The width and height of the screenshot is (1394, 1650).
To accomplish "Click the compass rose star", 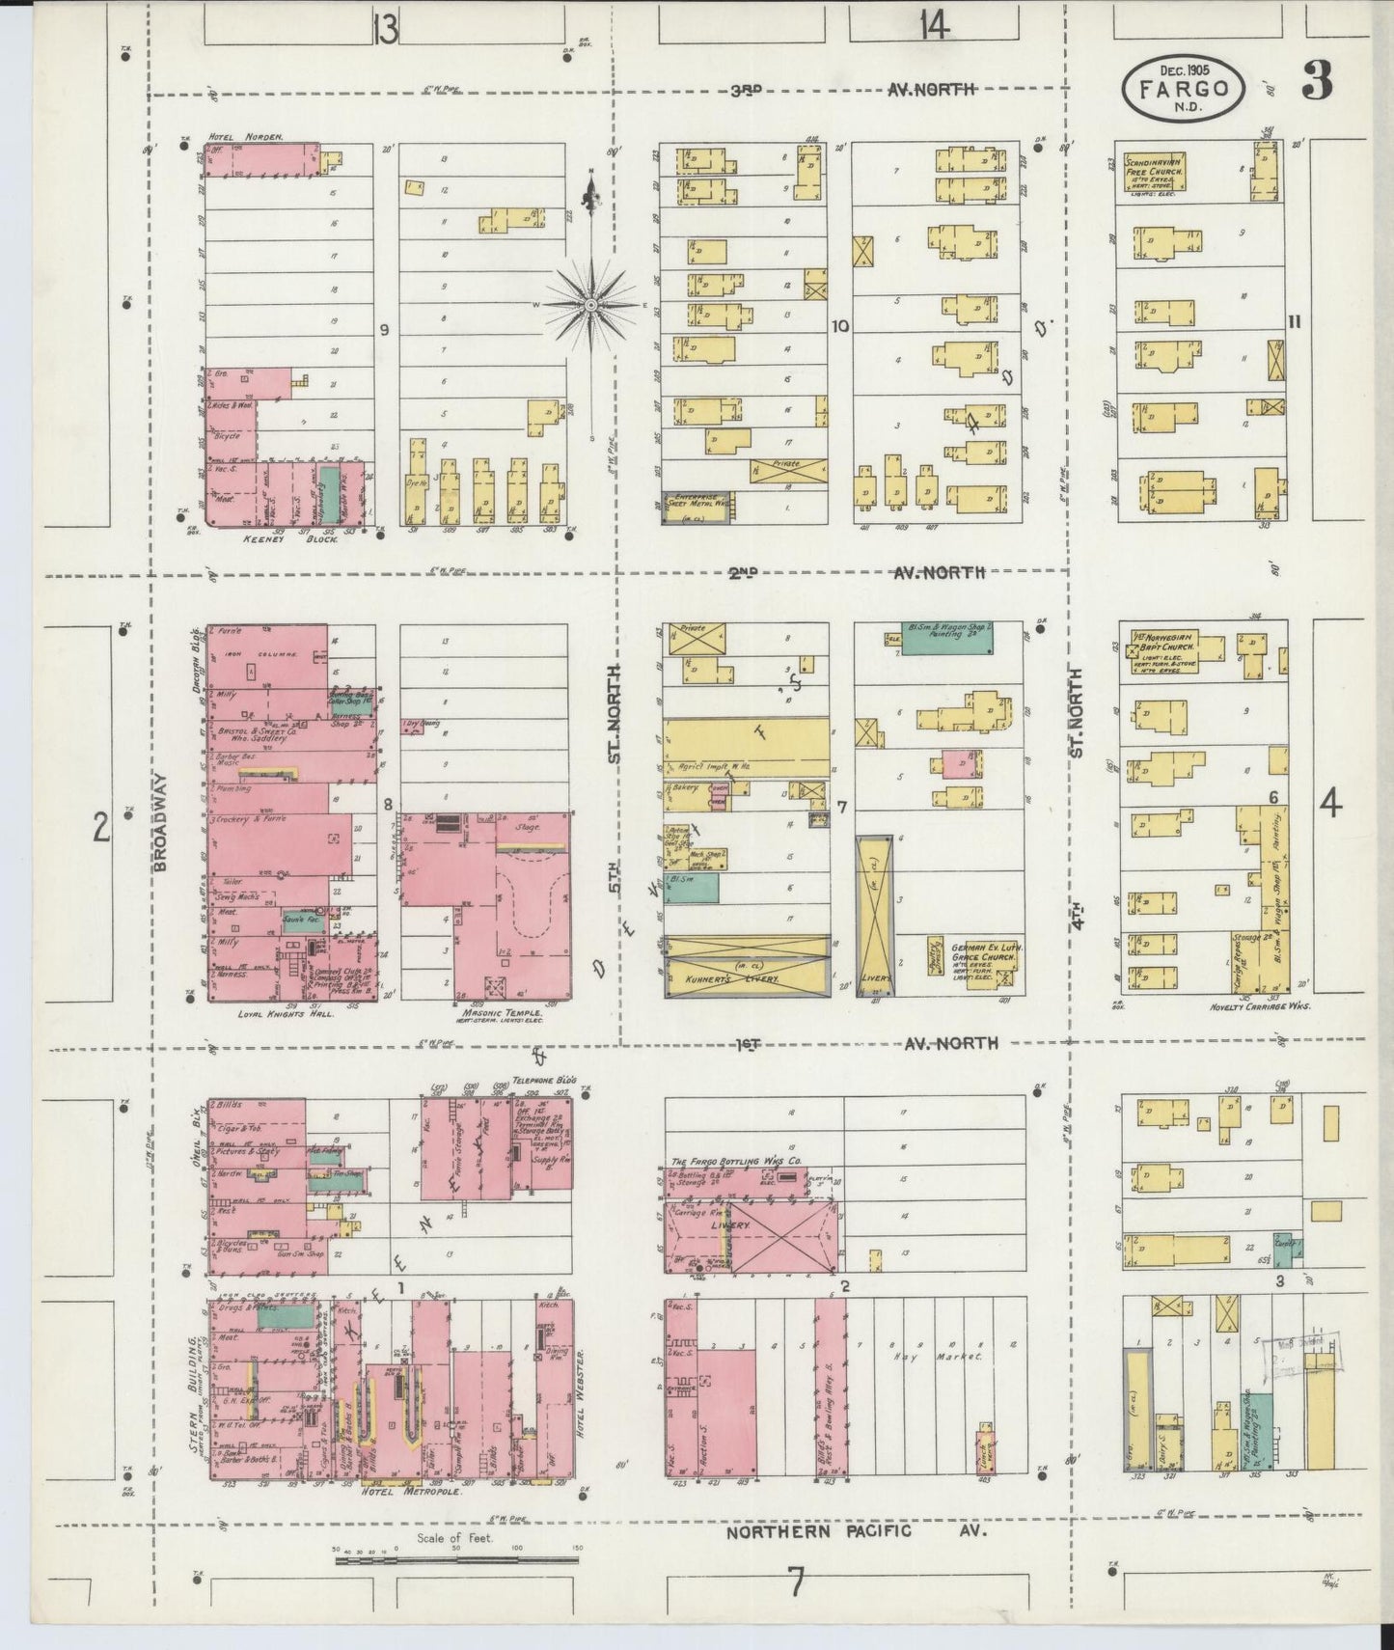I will pyautogui.click(x=589, y=304).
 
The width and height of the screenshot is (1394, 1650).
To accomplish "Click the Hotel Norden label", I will pyautogui.click(x=250, y=137).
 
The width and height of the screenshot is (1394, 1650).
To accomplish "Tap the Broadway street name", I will pyautogui.click(x=161, y=821).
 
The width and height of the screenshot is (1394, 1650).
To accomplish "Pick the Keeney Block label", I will pyautogui.click(x=306, y=539).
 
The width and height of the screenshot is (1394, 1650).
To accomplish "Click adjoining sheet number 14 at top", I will pyautogui.click(x=933, y=27).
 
